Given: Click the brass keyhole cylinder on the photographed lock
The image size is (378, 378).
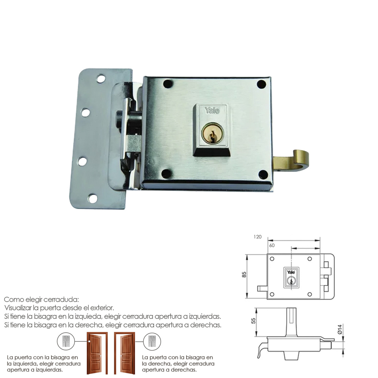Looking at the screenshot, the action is click(212, 133).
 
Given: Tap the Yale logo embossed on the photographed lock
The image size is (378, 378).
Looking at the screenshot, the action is click(212, 110).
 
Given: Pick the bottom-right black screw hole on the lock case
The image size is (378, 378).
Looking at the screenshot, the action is click(263, 174).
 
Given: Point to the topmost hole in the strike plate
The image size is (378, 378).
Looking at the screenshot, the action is click(101, 78).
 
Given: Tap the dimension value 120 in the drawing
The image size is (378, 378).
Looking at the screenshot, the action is click(257, 237).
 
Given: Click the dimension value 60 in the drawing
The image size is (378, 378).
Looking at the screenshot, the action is click(272, 245).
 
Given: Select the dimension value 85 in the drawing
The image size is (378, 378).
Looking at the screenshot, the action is click(244, 274).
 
